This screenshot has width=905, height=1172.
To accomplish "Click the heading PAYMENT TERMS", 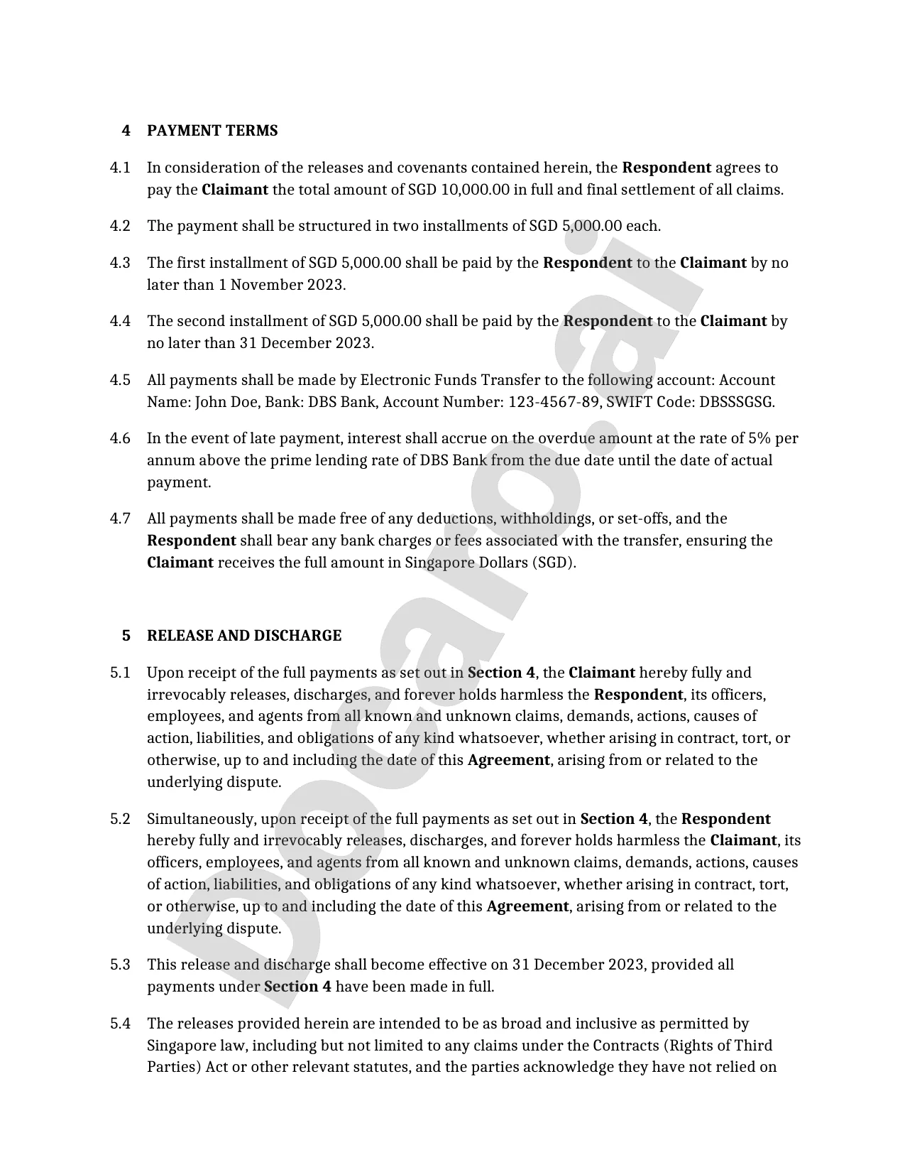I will coord(212,131).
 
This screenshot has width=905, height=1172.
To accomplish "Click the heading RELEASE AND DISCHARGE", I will coord(243,636).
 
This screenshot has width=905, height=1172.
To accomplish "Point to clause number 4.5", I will coord(120,380).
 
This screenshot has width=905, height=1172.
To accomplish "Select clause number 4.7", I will coord(120,519).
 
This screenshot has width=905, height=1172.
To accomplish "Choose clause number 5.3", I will coord(120,965).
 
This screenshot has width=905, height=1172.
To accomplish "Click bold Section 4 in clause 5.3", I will coord(297,987).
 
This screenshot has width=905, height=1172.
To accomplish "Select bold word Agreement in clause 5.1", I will coord(508,760).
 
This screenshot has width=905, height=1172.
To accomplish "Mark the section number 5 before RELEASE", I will coord(126,636).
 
